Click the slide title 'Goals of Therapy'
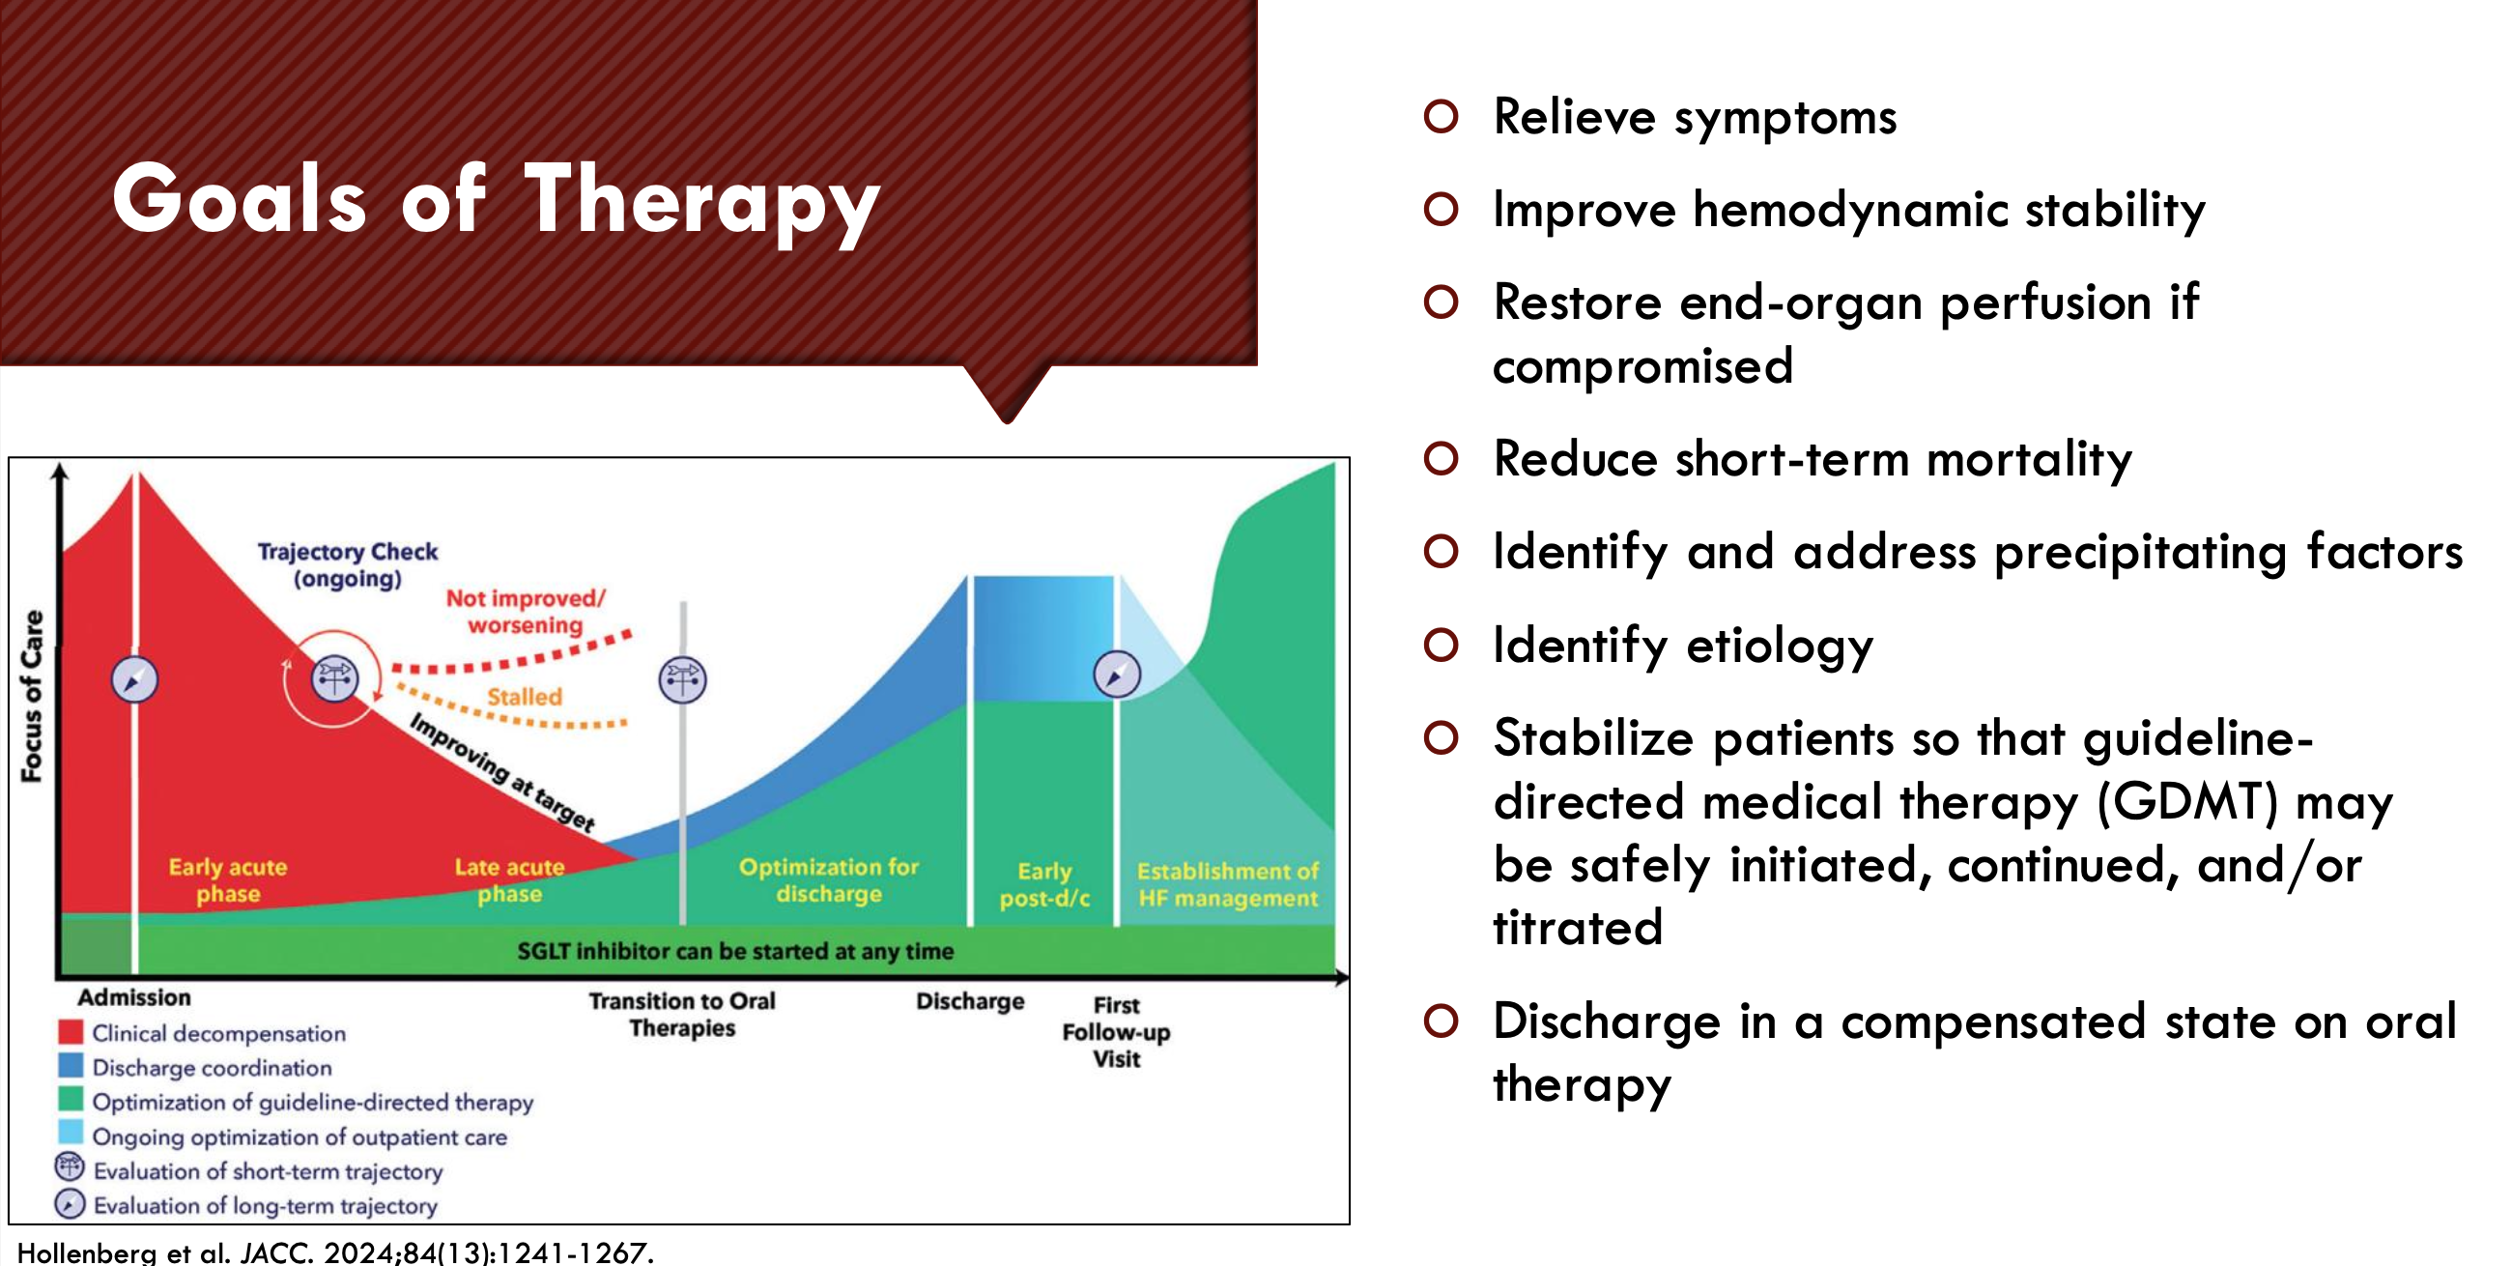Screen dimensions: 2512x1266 496,202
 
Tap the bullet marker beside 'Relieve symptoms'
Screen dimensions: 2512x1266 1441,116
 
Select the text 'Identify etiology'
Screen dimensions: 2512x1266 1683,646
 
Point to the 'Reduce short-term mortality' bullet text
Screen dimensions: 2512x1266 1813,458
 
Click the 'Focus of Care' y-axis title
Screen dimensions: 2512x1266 32,697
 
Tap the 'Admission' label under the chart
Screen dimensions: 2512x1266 134,996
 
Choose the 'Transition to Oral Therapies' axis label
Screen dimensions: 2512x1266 682,1015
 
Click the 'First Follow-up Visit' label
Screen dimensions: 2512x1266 1117,1032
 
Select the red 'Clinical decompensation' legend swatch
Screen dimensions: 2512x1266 71,1032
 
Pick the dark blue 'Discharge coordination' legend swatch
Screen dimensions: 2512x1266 71,1066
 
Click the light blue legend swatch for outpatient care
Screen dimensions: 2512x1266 71,1136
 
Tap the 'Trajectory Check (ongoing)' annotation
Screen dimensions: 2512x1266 348,565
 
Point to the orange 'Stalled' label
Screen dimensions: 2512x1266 525,697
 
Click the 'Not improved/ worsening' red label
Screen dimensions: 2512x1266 526,612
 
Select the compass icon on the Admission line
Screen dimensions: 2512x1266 134,679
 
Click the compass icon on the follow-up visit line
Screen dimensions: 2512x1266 1117,674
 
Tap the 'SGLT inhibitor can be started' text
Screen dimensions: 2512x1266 735,951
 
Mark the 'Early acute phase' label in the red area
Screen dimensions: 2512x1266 228,880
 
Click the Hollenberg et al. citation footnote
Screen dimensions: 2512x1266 335,1252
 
